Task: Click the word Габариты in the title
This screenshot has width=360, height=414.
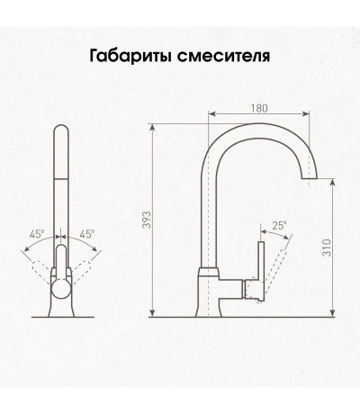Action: (x=131, y=56)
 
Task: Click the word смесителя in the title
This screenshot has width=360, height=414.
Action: (x=223, y=56)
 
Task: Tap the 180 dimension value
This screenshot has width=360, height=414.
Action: (x=259, y=108)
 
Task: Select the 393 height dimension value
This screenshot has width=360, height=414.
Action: (x=147, y=220)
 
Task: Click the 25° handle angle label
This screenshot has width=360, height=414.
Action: (x=280, y=226)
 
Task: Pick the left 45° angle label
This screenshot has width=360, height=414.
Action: (x=37, y=234)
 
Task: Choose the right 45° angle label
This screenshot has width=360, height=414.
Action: (x=87, y=234)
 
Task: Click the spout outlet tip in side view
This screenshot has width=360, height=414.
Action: (x=309, y=179)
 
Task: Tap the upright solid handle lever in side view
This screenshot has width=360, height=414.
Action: (x=261, y=271)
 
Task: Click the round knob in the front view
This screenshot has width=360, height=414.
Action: (x=61, y=288)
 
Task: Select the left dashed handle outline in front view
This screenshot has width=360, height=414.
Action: (x=41, y=272)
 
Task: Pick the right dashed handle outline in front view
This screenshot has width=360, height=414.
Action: (x=81, y=272)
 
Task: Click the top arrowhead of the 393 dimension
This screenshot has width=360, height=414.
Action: (x=152, y=128)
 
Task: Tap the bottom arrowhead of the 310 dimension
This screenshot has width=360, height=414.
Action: (x=332, y=312)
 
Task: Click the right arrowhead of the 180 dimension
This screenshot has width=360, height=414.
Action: (x=305, y=113)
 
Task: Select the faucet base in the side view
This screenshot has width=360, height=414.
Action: (x=210, y=292)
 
